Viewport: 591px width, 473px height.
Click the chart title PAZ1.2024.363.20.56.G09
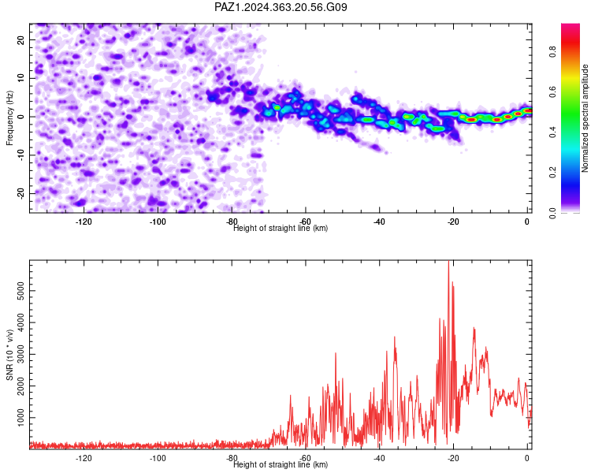click(281, 7)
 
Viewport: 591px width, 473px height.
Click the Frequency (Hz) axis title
click(9, 118)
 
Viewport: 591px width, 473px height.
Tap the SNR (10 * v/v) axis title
click(9, 355)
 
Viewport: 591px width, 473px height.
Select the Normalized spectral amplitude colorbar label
click(585, 118)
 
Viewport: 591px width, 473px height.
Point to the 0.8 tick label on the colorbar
click(552, 51)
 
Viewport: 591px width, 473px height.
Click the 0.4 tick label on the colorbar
click(552, 132)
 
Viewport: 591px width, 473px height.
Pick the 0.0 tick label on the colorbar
click(552, 213)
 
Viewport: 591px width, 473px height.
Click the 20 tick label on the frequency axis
click(20, 39)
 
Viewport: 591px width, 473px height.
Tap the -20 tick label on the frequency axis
click(20, 193)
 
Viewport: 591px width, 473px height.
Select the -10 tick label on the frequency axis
click(20, 155)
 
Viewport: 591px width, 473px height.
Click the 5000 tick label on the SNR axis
click(20, 291)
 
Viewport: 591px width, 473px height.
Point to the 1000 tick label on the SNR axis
click(20, 418)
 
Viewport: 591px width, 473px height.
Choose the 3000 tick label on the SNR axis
click(20, 354)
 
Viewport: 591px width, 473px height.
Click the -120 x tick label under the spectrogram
click(84, 222)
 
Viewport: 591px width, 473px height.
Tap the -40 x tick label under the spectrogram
click(380, 222)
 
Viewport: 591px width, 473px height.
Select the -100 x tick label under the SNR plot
click(158, 458)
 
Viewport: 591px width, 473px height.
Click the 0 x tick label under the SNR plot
click(527, 458)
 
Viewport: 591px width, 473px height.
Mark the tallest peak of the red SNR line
click(448, 261)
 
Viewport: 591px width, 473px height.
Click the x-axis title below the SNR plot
click(281, 464)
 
